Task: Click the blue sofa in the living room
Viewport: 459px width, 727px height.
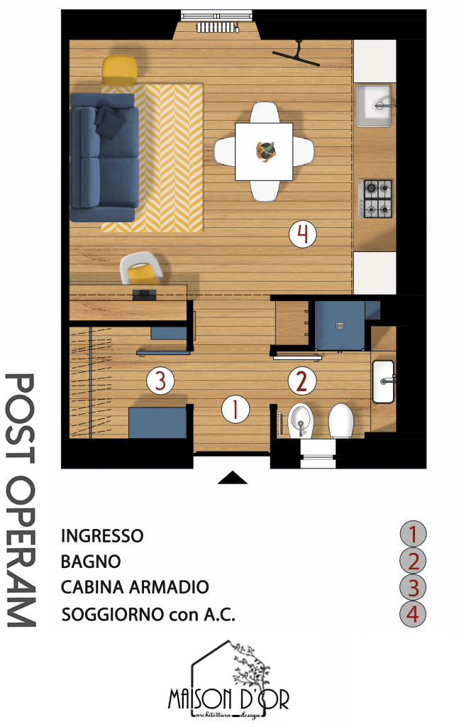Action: coord(104,157)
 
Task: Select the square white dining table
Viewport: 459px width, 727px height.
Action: coord(263,152)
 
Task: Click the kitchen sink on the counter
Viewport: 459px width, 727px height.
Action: coord(374,106)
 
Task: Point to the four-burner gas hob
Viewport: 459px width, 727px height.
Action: coord(375,199)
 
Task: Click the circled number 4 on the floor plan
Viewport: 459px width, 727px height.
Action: coord(302,234)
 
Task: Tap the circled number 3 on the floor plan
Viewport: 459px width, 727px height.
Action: coord(160,381)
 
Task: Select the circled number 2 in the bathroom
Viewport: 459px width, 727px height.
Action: coord(302,381)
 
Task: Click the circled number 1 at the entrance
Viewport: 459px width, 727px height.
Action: coord(236,410)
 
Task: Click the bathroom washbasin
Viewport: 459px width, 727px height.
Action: coord(383,381)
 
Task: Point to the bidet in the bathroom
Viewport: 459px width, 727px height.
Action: coord(300,420)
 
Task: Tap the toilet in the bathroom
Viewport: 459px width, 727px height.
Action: coord(341,420)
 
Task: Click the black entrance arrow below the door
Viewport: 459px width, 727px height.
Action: coord(233,478)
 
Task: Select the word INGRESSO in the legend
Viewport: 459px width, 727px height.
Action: coord(102,536)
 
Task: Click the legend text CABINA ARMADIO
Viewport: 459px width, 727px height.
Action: coord(135,587)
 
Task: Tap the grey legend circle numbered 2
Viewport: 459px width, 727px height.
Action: coord(413,561)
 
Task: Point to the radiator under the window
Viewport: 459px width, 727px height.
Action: coord(218,28)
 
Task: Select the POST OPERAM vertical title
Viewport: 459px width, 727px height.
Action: coord(21,501)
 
